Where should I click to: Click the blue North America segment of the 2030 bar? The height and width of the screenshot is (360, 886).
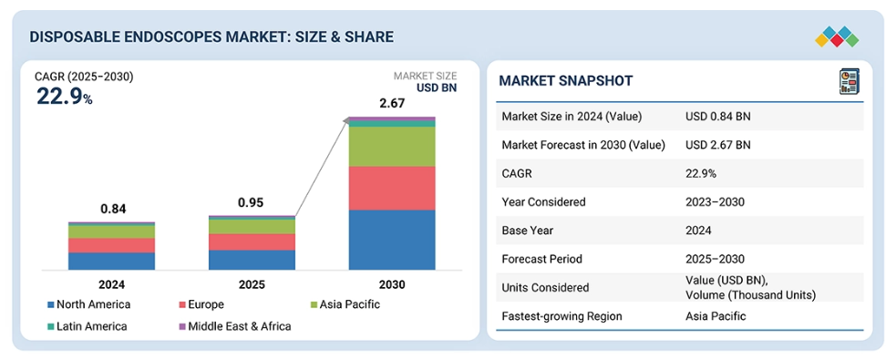click(392, 240)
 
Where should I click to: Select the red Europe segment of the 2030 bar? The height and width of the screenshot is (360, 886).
click(392, 188)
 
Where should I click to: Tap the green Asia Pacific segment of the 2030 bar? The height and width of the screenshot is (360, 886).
click(392, 147)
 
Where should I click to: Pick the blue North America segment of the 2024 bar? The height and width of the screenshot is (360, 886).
click(112, 261)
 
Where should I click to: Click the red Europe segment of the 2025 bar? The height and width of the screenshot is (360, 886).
click(252, 242)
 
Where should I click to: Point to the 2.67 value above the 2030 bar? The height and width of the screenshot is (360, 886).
click(392, 104)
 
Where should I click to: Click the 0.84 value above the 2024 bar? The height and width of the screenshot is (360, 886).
click(112, 209)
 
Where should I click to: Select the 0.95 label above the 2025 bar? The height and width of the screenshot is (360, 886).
click(252, 202)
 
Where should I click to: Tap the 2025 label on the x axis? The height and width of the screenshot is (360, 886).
click(252, 284)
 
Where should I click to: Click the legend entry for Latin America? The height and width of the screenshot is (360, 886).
click(87, 326)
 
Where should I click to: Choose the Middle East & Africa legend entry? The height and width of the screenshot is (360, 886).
click(234, 326)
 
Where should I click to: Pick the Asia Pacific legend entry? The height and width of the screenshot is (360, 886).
click(345, 304)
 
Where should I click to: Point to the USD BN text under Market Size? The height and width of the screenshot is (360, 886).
click(437, 87)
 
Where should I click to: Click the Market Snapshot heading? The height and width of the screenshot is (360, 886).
click(566, 81)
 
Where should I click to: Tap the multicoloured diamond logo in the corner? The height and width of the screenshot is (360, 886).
click(837, 36)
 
